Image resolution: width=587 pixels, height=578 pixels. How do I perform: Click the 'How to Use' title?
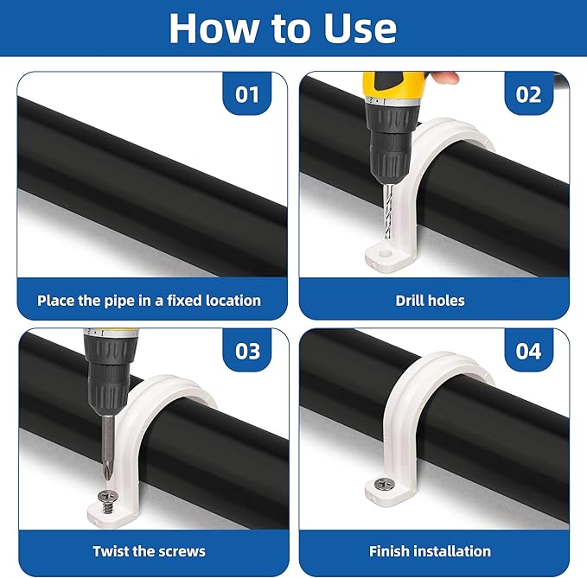click(283, 29)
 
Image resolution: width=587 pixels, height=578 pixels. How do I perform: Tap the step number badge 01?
click(247, 93)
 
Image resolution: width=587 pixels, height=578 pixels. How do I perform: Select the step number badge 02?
click(529, 93)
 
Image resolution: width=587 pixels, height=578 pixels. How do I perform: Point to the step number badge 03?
click(247, 351)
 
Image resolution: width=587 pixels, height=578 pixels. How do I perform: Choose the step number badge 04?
click(529, 351)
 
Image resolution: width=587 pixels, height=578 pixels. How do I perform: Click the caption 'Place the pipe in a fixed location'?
click(149, 301)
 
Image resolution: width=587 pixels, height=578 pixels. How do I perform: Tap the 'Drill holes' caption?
click(430, 301)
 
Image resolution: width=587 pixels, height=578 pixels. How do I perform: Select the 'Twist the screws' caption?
click(149, 550)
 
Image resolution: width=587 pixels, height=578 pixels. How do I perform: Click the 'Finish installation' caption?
click(430, 550)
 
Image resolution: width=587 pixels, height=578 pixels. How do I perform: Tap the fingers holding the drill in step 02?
click(444, 77)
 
